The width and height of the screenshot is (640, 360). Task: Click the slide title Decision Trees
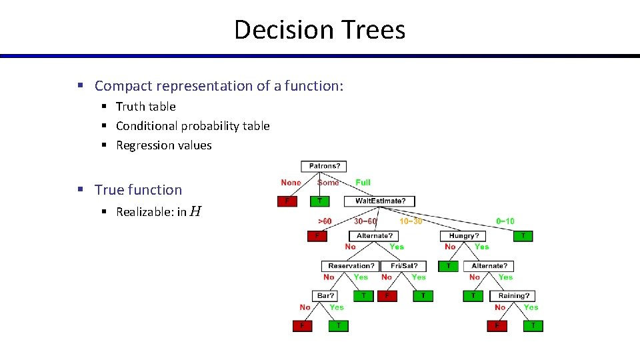(x=319, y=30)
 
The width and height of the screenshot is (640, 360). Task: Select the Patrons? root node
(x=323, y=167)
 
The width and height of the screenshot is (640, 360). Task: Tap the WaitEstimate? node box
(x=380, y=201)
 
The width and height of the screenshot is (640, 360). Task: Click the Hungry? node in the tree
(x=464, y=236)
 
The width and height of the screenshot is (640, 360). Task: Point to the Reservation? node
(x=349, y=266)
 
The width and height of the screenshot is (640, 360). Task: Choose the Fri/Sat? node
(x=405, y=266)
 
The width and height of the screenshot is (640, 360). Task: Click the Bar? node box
(x=325, y=295)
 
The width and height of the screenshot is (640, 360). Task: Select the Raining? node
(x=513, y=295)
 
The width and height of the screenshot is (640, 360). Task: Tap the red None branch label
(x=291, y=183)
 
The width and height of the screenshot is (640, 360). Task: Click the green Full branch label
(x=363, y=183)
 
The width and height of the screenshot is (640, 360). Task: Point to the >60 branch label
(x=325, y=221)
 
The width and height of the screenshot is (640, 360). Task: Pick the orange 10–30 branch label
(x=411, y=221)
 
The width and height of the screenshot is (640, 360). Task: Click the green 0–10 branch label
(x=505, y=221)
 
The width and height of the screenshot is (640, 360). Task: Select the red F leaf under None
(x=287, y=201)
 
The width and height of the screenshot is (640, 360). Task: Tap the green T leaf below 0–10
(x=523, y=236)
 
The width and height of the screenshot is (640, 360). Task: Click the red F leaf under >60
(x=317, y=236)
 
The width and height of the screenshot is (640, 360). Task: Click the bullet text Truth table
(x=145, y=107)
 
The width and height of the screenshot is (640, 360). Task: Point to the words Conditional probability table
(x=193, y=126)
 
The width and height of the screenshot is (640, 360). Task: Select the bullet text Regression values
(x=163, y=145)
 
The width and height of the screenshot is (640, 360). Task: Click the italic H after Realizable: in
(x=195, y=212)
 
